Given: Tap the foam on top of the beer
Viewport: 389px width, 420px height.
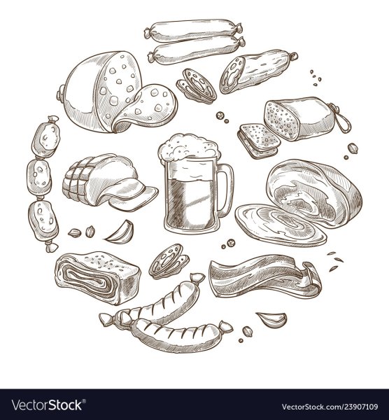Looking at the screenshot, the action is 190,148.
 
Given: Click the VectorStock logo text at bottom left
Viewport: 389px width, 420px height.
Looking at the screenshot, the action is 48,405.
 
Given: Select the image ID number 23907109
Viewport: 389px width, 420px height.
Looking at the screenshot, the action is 357,407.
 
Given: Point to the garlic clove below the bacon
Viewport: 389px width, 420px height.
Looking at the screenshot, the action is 273,318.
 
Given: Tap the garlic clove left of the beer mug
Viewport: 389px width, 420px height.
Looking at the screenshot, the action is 120,232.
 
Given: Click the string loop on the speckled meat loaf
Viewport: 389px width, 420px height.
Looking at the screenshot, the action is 341,118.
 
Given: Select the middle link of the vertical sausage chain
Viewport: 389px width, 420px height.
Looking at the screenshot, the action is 39,177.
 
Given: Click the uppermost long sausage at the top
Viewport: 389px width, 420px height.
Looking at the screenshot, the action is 193,30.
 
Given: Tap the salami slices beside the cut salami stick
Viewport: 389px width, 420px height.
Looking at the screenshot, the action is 197,86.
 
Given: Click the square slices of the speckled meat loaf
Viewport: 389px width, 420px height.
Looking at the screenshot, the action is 258,140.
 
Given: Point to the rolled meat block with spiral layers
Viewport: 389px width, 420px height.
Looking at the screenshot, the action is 98,277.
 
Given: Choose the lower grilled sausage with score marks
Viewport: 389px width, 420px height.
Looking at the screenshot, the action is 178,335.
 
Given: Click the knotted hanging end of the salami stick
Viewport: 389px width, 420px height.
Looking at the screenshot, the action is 293,56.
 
